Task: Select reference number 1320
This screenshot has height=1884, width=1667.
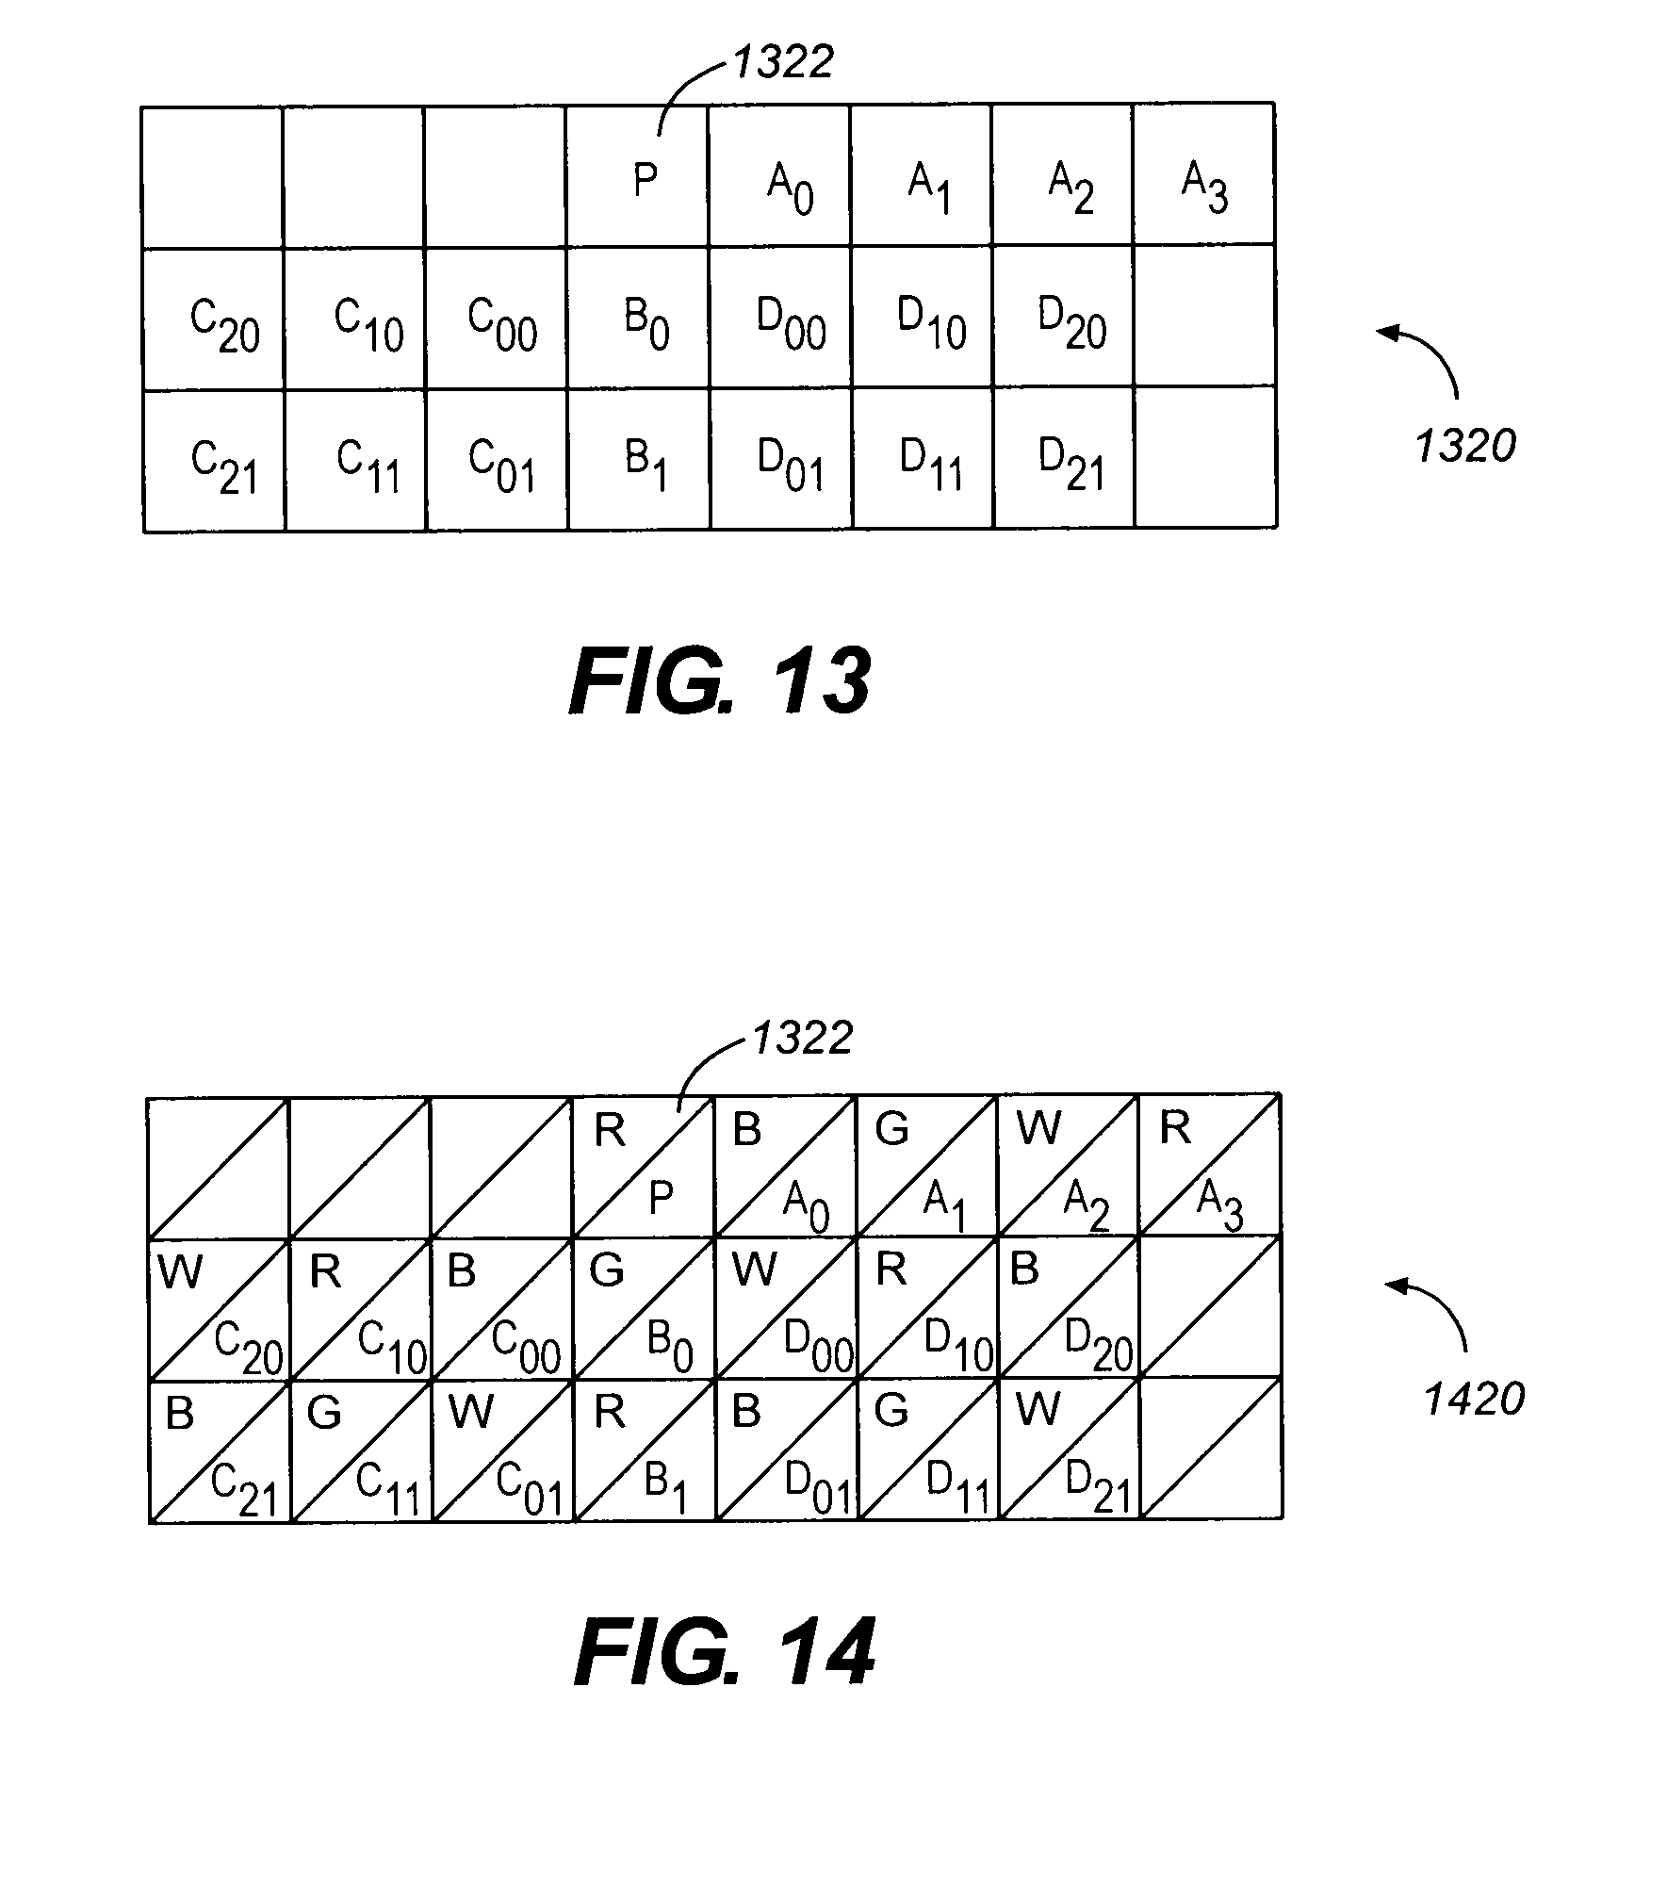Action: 1465,446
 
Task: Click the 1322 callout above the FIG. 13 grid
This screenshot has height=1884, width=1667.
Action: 783,63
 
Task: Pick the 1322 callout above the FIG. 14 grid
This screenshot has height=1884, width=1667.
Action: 802,1039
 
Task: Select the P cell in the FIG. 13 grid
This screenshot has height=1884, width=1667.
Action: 637,175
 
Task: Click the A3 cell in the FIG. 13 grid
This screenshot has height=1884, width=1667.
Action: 1204,175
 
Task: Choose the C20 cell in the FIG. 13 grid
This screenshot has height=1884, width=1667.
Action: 213,319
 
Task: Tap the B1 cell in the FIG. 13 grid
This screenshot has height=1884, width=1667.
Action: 639,460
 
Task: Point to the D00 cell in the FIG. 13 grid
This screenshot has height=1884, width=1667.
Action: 780,318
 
